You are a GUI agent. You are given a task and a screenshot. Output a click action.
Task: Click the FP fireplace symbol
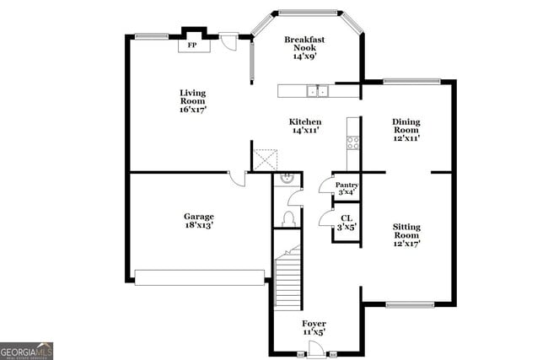click(192, 46)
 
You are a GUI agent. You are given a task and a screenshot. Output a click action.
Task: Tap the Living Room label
click(192, 101)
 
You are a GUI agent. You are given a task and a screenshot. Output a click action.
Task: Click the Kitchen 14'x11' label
click(305, 126)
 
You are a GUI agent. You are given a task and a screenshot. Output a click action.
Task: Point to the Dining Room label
click(406, 129)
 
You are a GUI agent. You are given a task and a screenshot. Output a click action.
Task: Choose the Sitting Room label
click(406, 234)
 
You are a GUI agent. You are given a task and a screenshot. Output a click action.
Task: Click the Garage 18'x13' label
click(199, 221)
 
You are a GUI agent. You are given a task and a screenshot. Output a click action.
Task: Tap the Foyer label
click(314, 328)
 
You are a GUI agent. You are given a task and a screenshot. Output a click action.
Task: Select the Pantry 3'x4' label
click(347, 189)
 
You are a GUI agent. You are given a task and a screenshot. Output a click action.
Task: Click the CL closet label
click(347, 222)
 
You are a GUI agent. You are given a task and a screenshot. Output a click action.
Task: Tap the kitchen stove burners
click(353, 142)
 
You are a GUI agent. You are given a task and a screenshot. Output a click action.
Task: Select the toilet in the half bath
click(287, 218)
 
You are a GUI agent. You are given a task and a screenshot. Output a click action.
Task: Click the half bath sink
click(287, 179)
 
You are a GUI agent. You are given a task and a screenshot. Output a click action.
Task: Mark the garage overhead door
click(200, 277)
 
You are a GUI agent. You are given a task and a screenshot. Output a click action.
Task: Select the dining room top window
click(411, 82)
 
